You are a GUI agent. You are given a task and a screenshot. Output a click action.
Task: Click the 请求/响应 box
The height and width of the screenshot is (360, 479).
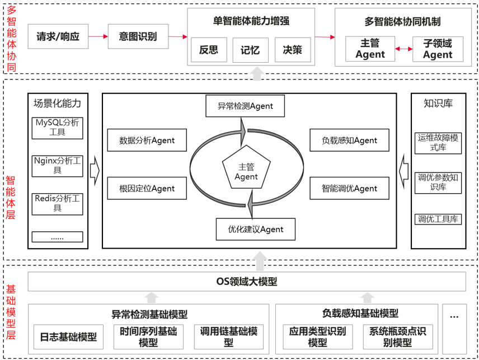pos(58,37)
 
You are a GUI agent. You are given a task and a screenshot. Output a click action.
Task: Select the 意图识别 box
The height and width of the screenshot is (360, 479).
pos(138,37)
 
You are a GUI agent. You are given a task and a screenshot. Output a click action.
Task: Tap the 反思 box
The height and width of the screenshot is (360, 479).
pos(208,50)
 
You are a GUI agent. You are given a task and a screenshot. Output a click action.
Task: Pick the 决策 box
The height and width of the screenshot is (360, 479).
pos(292,50)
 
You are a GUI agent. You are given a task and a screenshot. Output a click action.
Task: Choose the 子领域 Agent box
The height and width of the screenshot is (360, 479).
pos(438,49)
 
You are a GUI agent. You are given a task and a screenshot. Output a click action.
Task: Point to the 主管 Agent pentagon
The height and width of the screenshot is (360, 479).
pos(246,171)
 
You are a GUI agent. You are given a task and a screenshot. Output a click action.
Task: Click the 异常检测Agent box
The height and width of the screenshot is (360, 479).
pos(246,106)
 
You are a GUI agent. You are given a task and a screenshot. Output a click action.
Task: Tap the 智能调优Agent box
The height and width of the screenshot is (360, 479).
pos(349,189)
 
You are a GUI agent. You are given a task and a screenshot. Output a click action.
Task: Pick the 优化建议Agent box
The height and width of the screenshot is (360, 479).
pos(255,229)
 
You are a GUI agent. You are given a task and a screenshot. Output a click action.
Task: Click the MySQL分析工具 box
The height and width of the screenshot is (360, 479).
pos(58,128)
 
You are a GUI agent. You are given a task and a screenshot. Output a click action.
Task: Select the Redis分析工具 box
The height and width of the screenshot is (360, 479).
pos(58,203)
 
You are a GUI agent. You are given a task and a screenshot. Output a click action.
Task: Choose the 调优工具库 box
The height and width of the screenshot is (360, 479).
pos(438,219)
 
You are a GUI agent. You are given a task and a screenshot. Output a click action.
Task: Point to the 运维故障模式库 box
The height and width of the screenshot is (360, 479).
pos(438,143)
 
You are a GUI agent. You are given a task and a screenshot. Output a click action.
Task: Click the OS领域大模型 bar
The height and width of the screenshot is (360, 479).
pos(247,282)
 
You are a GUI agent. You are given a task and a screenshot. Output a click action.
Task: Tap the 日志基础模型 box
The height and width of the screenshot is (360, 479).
pos(68,337)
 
